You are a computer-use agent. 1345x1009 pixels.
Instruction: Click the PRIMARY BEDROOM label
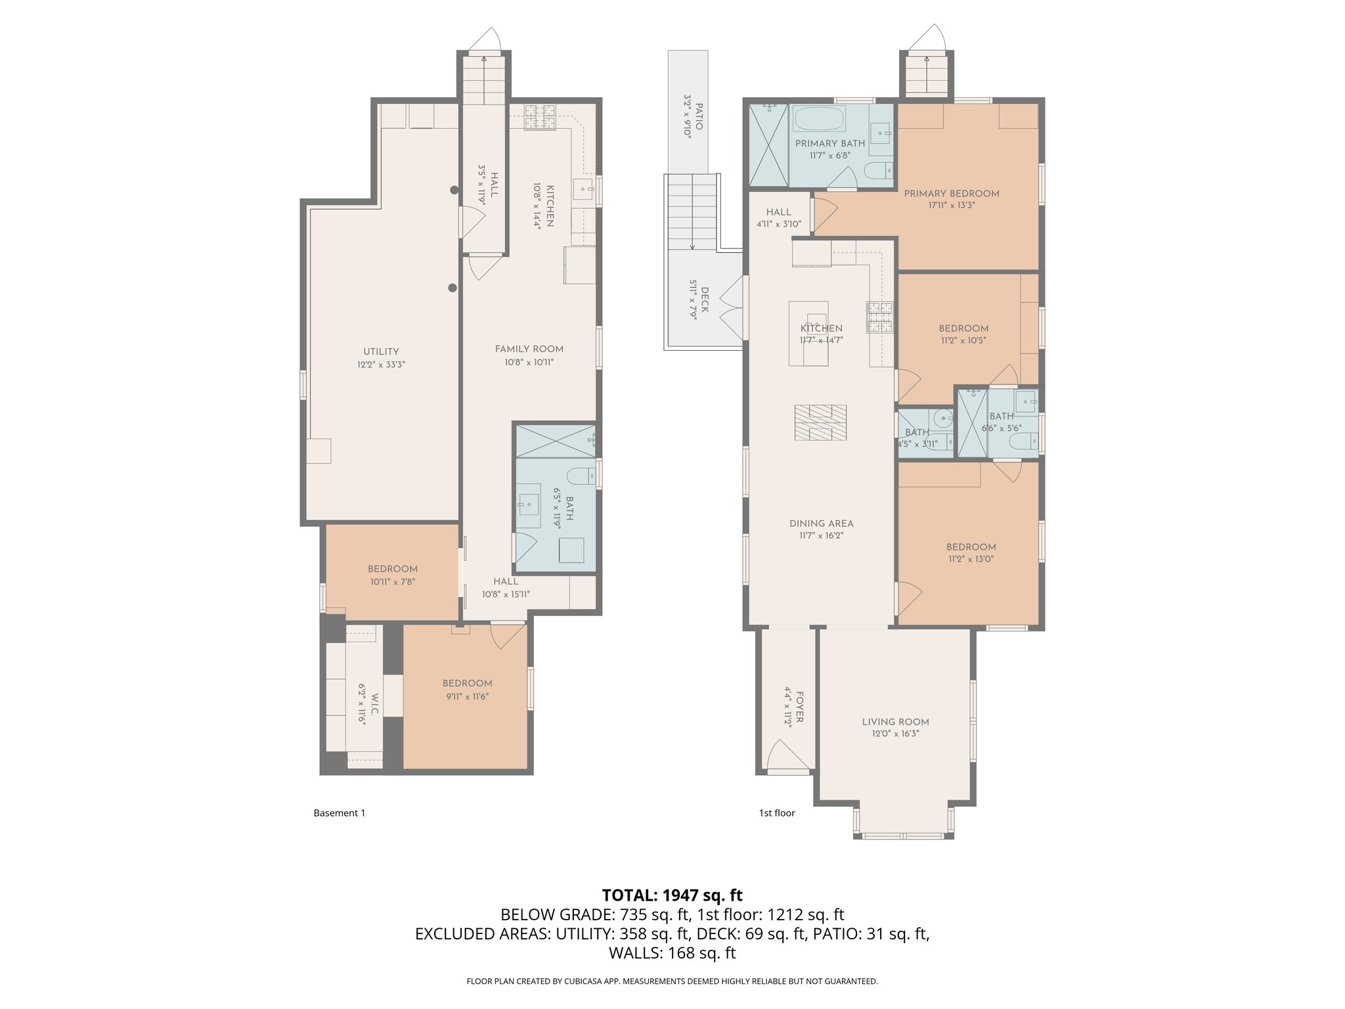[951, 194]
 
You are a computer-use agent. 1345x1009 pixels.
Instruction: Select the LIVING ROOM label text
[895, 722]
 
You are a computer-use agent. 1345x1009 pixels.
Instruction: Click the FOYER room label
[799, 706]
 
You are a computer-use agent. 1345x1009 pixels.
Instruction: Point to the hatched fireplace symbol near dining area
[820, 422]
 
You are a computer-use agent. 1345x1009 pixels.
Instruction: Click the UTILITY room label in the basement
[381, 351]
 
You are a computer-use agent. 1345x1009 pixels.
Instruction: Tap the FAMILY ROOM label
[529, 349]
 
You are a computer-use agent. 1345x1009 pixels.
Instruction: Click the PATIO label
[699, 116]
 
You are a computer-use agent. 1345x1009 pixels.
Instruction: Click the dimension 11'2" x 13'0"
[971, 560]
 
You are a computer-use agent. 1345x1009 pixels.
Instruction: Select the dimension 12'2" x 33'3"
[381, 365]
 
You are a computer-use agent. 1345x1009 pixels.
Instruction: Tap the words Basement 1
[339, 813]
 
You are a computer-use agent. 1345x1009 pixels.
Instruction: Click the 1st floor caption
[777, 813]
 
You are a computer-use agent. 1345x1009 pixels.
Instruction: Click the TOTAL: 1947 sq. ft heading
[672, 895]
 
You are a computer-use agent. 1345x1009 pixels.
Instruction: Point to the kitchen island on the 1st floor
[808, 334]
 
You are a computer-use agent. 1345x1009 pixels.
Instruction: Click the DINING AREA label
[821, 524]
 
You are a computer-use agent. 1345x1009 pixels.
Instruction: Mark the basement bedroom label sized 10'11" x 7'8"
[392, 569]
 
